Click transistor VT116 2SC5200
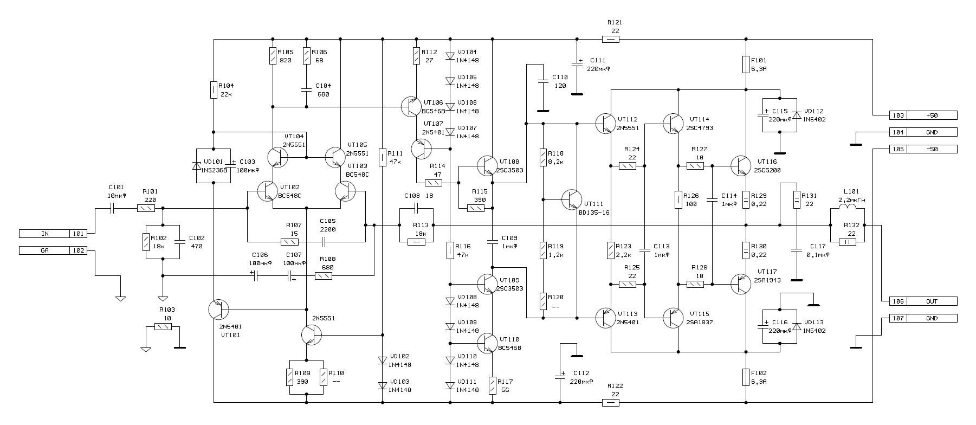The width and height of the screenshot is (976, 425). tap(740, 165)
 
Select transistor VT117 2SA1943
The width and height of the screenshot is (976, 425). tap(740, 284)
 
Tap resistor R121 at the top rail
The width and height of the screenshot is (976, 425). tap(611, 40)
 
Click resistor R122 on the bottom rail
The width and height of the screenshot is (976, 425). tap(611, 402)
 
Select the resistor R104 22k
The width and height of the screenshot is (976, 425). tap(214, 90)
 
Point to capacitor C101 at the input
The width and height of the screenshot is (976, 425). tap(113, 208)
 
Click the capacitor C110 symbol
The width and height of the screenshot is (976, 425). tap(542, 82)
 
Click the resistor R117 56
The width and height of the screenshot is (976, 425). tap(493, 385)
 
